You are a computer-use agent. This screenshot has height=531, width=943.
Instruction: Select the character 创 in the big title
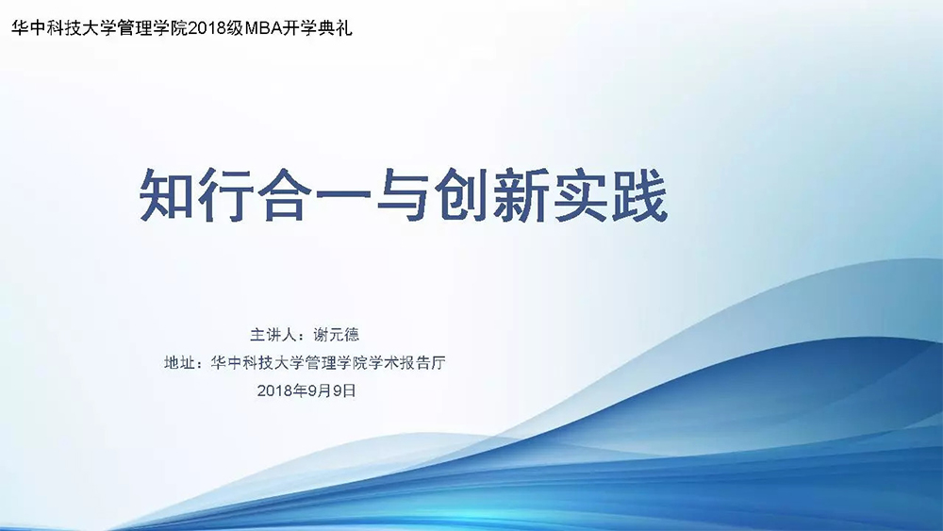click(461, 196)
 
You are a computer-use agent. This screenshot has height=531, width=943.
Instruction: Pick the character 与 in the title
click(402, 196)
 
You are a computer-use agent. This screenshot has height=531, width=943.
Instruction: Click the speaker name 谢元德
click(337, 335)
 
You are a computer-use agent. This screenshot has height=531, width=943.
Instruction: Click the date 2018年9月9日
click(306, 390)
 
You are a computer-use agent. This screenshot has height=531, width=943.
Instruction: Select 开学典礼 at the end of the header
click(318, 28)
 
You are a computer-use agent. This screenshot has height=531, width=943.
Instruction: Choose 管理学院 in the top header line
click(153, 28)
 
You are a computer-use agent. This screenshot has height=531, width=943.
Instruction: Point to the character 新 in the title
click(521, 196)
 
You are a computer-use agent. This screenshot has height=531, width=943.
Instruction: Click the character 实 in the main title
click(580, 196)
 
